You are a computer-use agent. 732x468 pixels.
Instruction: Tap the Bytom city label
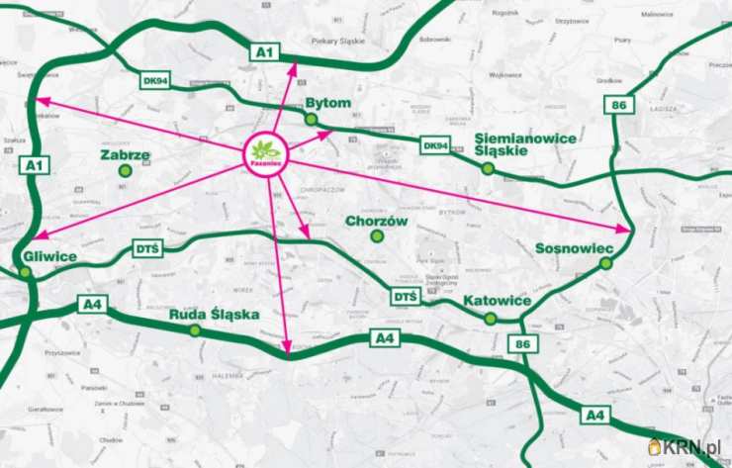click(x=328, y=103)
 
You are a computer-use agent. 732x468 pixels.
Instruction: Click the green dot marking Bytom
click(x=312, y=120)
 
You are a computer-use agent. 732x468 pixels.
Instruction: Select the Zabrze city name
click(x=126, y=155)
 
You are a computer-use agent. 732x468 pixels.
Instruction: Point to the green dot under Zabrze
click(x=125, y=171)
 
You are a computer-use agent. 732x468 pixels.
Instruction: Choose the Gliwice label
click(x=47, y=256)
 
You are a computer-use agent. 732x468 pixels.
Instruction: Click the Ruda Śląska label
click(x=214, y=315)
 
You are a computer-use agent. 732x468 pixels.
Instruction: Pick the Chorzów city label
click(x=376, y=222)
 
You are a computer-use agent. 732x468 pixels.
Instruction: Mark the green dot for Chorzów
click(x=376, y=236)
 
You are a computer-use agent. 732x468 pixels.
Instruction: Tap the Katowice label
click(x=497, y=300)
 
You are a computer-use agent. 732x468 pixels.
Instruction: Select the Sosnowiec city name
click(x=575, y=247)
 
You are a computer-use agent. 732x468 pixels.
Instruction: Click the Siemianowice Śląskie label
click(x=525, y=144)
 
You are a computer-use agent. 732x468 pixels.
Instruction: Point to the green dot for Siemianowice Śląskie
click(x=488, y=169)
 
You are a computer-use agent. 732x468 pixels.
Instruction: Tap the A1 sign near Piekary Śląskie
click(x=263, y=50)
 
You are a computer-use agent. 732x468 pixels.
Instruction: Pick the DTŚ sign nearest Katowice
click(x=405, y=296)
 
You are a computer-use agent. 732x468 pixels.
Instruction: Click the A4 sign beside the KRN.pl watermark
click(x=594, y=416)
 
